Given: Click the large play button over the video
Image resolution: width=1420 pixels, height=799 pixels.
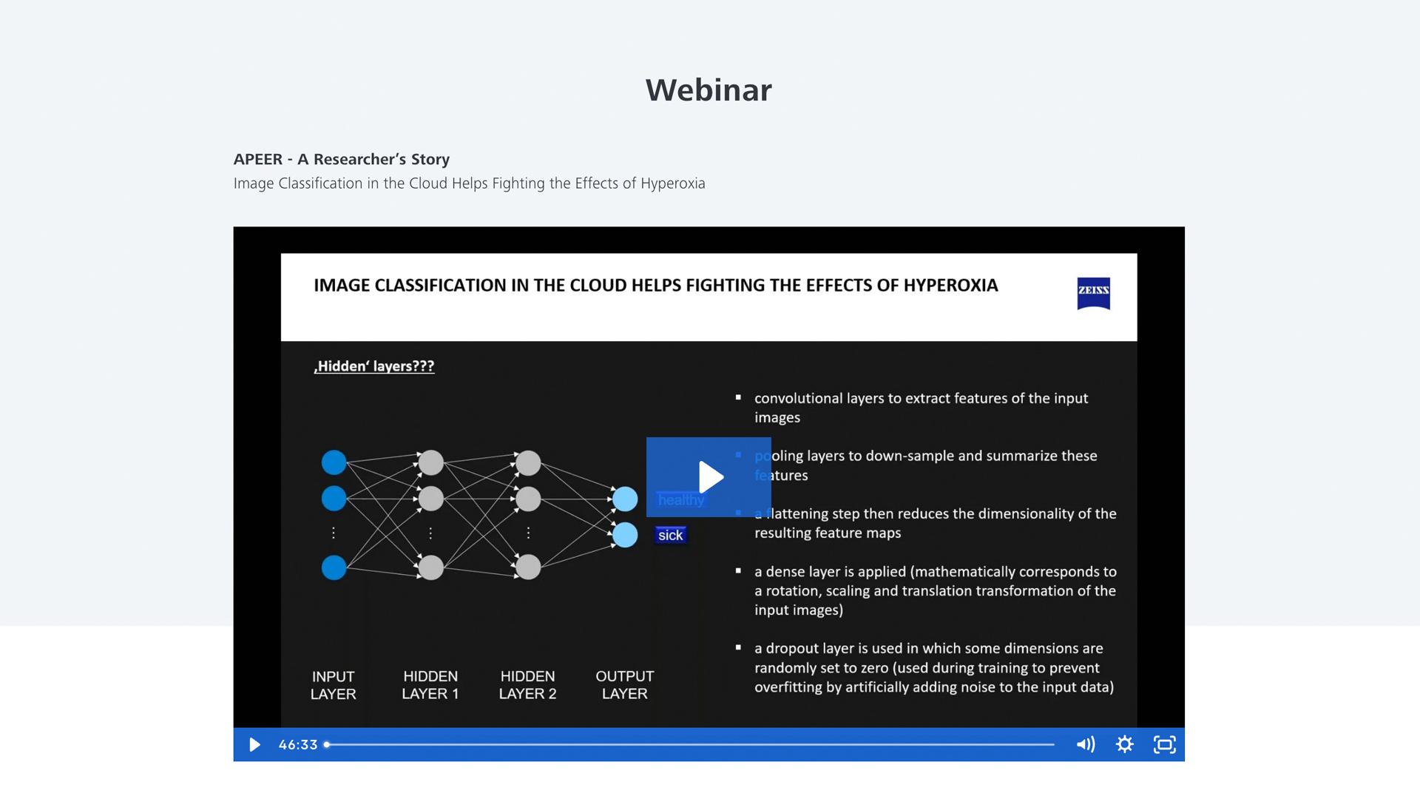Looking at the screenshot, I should pos(709,477).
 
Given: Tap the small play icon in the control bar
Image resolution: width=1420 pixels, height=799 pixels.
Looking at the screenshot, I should pos(254,745).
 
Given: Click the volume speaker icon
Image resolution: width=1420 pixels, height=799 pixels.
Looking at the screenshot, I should pos(1085,745).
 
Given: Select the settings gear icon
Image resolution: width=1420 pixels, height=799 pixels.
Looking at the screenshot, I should pos(1124,745).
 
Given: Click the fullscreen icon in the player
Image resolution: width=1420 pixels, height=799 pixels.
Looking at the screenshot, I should pos(1164,745).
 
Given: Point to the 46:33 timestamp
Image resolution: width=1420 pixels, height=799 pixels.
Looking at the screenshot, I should pos(298,745).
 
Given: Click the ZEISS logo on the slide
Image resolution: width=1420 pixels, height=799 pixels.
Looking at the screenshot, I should pos(1093,293).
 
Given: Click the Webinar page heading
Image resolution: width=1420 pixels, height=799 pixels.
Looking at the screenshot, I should pos(709,90).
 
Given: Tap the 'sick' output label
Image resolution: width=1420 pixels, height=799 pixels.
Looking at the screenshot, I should pos(671,536).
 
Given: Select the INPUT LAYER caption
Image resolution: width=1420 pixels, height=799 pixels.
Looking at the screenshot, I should pos(333,685).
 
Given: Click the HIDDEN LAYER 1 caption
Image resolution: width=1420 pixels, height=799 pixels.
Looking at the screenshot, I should pos(430,685).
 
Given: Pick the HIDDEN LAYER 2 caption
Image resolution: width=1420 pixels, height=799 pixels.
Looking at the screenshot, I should pos(527,685).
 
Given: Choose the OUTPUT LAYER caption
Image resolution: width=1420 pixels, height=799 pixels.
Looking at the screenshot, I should pos(624,685).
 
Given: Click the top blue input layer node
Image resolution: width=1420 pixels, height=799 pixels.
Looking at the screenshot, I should pos(334,462).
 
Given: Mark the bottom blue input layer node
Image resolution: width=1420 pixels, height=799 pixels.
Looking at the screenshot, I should pos(334,567).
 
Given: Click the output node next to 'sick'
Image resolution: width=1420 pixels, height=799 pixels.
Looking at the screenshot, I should pos(625,535).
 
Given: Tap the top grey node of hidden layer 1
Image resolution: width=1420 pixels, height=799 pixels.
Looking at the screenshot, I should pos(430,462).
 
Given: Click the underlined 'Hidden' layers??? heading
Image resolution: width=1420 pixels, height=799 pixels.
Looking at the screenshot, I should pos(374,366).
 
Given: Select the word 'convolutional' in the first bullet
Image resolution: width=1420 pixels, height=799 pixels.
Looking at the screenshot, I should pos(798,399).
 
